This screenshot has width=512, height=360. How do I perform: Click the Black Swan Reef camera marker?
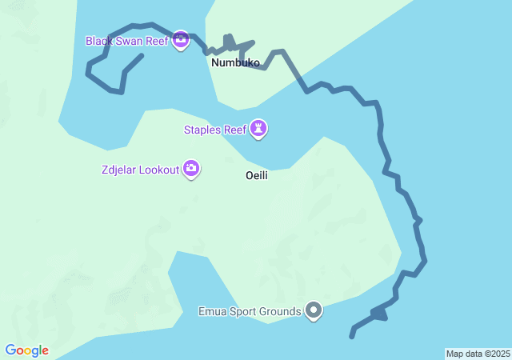[x=181, y=39]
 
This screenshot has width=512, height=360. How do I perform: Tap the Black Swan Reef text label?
[x=127, y=40]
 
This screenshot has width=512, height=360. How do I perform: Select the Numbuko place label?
[x=235, y=62]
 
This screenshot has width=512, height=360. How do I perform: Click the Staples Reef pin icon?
[x=258, y=127]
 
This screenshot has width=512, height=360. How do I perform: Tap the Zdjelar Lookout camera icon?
[x=191, y=168]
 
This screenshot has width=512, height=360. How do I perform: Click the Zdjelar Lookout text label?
[x=140, y=170]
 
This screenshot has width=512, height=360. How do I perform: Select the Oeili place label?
[x=256, y=176]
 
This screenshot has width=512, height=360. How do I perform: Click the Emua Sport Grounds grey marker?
[x=314, y=310]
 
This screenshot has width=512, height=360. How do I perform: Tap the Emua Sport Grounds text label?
[x=250, y=311]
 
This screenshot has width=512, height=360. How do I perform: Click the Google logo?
[x=27, y=350]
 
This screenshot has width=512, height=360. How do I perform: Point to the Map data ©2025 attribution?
[x=478, y=354]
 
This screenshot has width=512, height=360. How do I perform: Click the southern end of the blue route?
[x=352, y=336]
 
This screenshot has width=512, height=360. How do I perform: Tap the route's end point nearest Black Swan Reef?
[x=142, y=55]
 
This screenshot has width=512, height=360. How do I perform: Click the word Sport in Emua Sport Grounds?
[x=240, y=311]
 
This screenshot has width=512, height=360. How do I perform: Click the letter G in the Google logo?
[x=10, y=350]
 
